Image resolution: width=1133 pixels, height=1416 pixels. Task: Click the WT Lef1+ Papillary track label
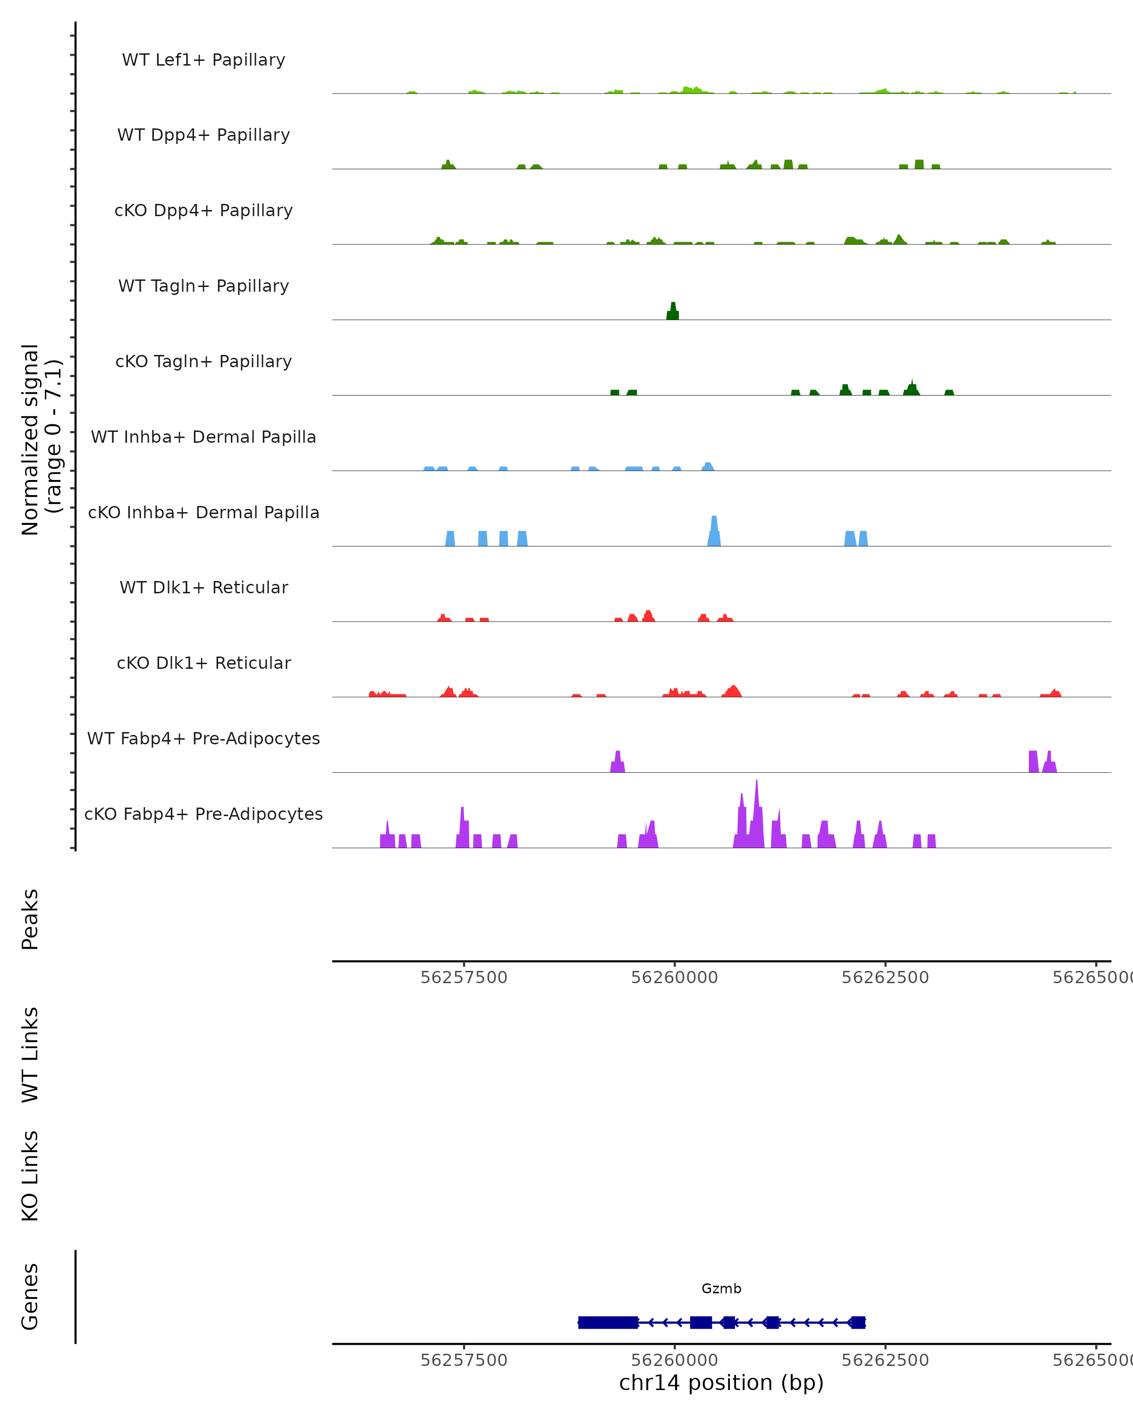(x=203, y=60)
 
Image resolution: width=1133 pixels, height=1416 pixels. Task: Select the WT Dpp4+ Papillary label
(x=203, y=135)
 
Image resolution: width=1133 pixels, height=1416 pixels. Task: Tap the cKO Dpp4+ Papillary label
(x=203, y=211)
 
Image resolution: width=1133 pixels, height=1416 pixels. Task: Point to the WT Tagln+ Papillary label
(x=203, y=287)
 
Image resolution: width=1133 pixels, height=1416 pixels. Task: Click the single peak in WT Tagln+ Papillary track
(x=673, y=312)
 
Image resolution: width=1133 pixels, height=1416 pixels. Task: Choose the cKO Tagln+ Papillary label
(x=203, y=362)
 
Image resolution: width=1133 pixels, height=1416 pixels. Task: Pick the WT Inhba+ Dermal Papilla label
(x=203, y=438)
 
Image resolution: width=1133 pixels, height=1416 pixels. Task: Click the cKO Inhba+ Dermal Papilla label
(x=203, y=513)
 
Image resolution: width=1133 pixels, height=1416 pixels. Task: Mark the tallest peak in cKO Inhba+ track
(x=714, y=531)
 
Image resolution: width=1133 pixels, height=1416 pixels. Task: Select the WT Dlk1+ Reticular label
(x=203, y=588)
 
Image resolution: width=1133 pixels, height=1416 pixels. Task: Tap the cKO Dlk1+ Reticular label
(x=203, y=663)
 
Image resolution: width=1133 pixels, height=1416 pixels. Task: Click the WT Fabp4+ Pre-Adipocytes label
(x=203, y=739)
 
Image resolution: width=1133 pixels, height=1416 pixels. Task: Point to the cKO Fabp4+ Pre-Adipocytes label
(x=203, y=814)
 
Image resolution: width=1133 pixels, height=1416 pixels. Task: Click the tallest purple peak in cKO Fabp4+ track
(x=757, y=814)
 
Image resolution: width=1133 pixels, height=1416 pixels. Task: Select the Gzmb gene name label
(x=721, y=1289)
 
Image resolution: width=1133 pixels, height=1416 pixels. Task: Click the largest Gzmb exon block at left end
(x=608, y=1322)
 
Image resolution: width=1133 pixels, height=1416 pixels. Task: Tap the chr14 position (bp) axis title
(x=721, y=1382)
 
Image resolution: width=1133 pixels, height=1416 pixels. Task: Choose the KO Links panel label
(x=30, y=1176)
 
